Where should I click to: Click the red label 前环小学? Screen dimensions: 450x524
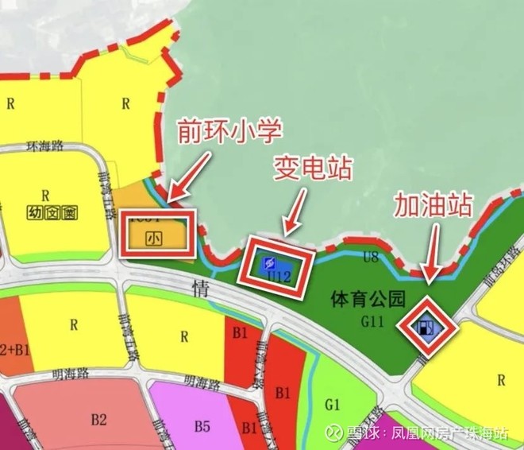pyautogui.click(x=229, y=129)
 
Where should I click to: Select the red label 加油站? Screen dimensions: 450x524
pyautogui.click(x=433, y=208)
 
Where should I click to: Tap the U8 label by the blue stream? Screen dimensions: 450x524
pyautogui.click(x=371, y=257)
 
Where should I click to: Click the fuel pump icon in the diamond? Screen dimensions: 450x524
pyautogui.click(x=428, y=327)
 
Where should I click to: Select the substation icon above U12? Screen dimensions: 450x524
pyautogui.click(x=270, y=262)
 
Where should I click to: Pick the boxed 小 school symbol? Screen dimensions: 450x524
pyautogui.click(x=156, y=236)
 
